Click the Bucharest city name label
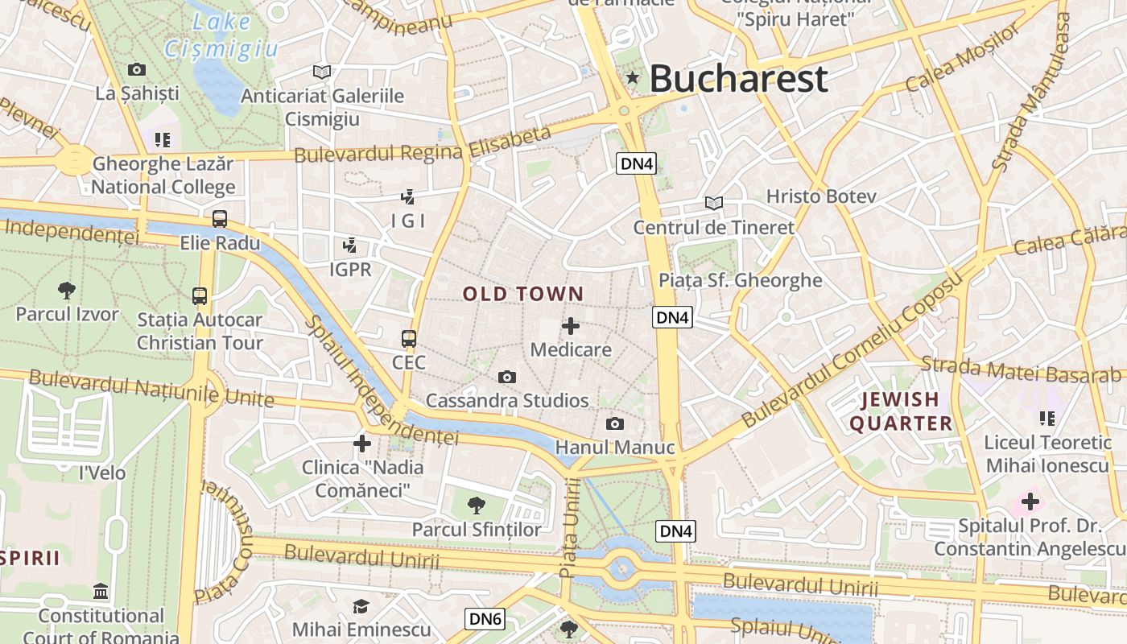[738, 78]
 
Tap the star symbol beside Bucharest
[633, 77]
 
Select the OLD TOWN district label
[523, 294]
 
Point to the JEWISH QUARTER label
[901, 411]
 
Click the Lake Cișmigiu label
[221, 37]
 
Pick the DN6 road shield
[486, 618]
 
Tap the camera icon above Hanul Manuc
[615, 423]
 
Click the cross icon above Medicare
[571, 326]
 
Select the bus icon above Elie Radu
[220, 218]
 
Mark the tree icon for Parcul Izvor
[67, 290]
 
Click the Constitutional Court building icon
[101, 592]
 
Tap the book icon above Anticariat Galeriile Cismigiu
[322, 72]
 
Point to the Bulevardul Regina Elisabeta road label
[423, 145]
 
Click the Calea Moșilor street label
[962, 58]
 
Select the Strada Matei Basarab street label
[1021, 369]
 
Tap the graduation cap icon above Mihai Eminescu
[361, 606]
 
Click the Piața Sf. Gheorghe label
[741, 280]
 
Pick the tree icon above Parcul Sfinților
[477, 506]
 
